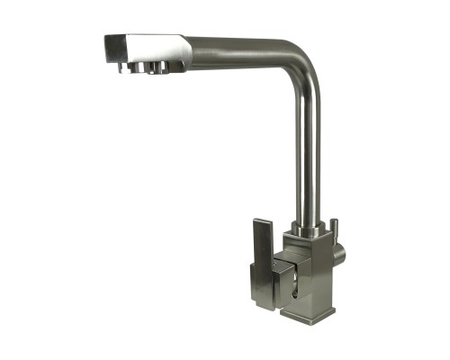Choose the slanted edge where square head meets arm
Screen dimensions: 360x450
click(185, 52)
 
